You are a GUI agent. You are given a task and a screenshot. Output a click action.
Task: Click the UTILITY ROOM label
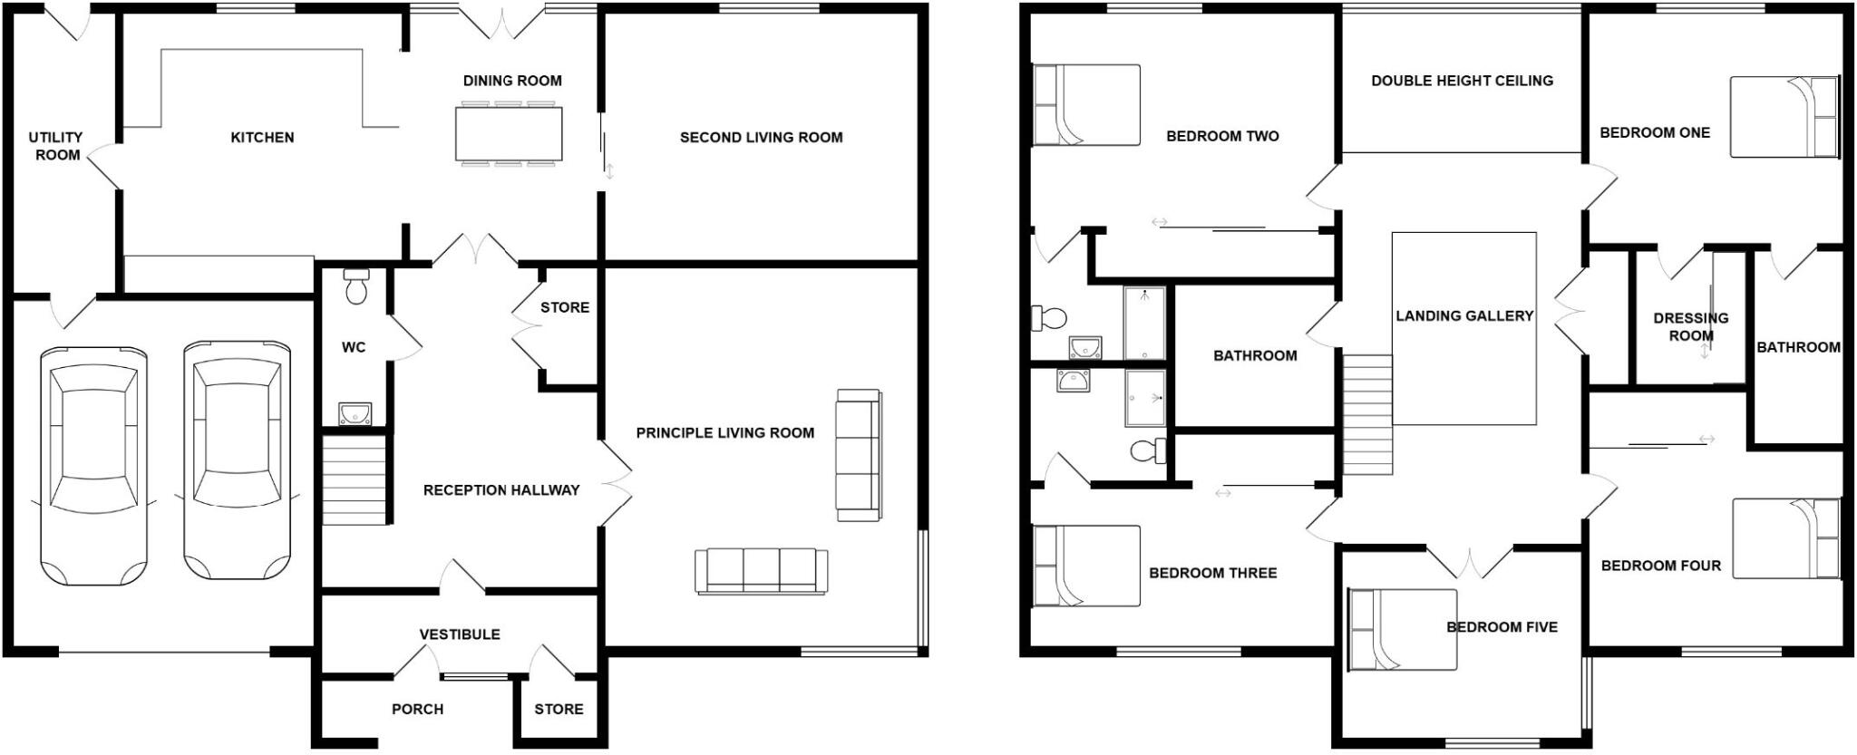click(x=56, y=146)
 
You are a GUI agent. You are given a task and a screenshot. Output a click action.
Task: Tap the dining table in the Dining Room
click(x=509, y=134)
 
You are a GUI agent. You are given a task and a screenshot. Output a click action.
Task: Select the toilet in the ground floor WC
click(x=356, y=286)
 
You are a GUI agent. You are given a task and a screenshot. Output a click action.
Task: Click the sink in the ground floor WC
click(x=355, y=414)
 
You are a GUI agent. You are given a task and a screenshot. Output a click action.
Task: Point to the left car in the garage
click(x=93, y=463)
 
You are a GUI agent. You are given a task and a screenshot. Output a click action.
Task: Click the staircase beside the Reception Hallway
click(x=355, y=479)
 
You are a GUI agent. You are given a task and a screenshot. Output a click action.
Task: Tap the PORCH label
click(x=417, y=709)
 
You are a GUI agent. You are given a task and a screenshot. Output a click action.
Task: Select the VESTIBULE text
click(x=460, y=634)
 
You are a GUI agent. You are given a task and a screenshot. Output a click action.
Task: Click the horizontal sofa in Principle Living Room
click(x=761, y=571)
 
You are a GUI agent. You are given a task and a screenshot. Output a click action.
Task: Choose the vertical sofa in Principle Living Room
click(x=858, y=455)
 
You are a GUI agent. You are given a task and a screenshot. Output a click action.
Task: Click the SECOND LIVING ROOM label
click(x=761, y=138)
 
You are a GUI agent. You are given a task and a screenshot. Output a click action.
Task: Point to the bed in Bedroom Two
click(x=1086, y=105)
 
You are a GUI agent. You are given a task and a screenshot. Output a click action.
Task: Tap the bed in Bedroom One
click(x=1784, y=117)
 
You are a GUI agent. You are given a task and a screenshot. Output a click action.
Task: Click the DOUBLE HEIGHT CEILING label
click(x=1462, y=81)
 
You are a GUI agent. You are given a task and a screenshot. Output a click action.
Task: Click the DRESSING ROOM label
click(x=1690, y=326)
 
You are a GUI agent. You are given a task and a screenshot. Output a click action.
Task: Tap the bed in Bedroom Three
click(x=1086, y=566)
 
